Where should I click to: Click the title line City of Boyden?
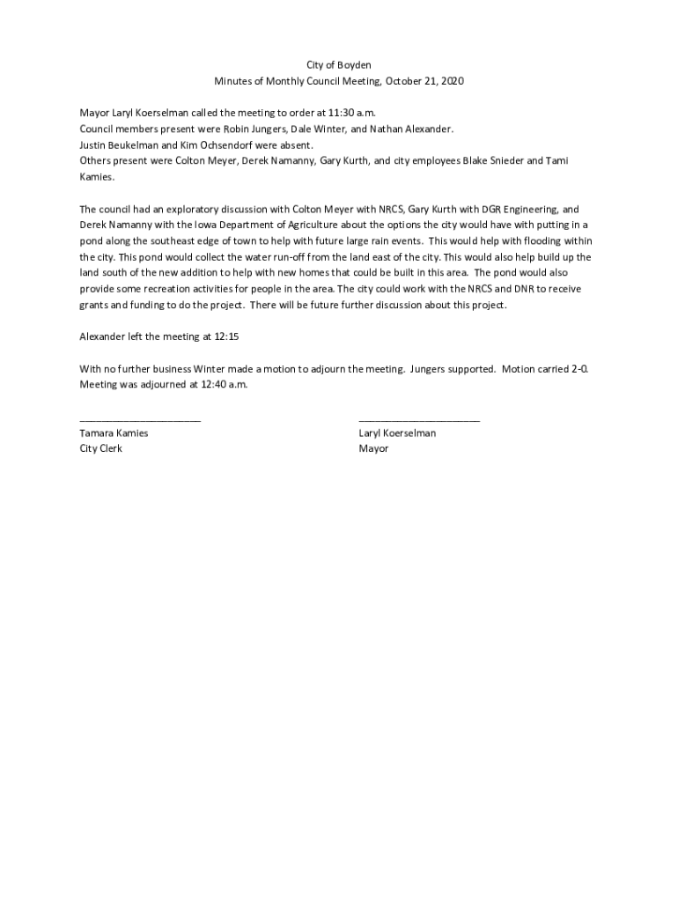coord(338,66)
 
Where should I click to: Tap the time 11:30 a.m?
coord(346,114)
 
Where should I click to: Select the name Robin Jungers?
coord(254,129)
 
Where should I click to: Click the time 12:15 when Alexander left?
coord(227,337)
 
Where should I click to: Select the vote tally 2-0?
coord(579,369)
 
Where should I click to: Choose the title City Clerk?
coord(101,449)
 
